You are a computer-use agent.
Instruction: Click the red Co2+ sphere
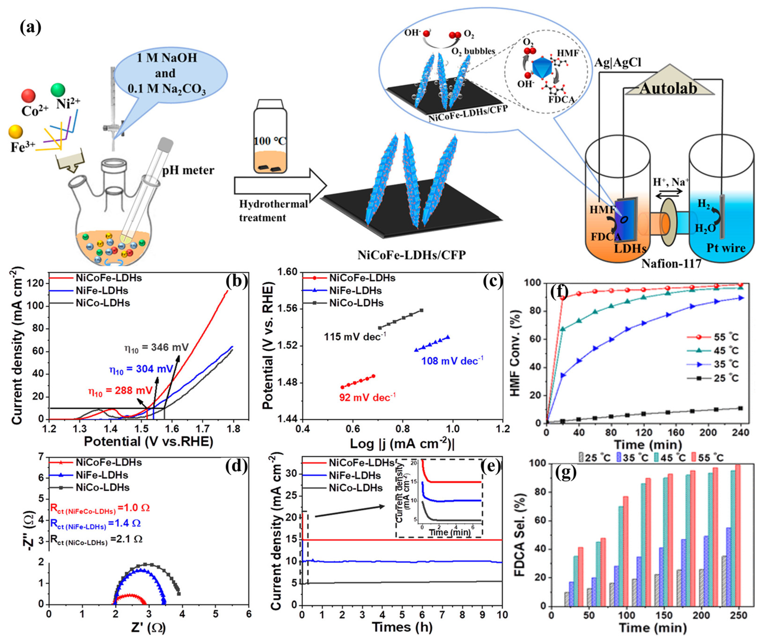click(28, 96)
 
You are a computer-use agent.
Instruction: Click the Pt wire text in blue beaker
click(726, 248)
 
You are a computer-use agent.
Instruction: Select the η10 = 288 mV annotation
click(121, 391)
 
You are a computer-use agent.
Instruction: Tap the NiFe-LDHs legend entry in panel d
click(102, 475)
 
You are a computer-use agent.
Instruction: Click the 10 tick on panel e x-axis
click(502, 615)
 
